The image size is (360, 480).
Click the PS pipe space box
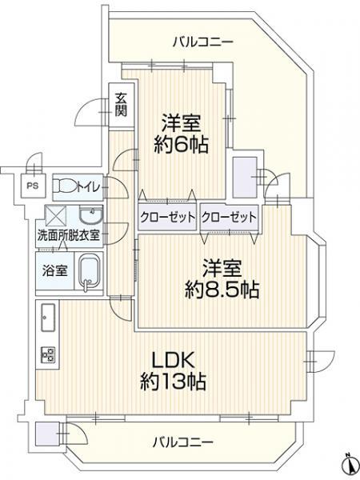pos(33,186)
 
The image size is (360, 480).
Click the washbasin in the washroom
pos(91,215)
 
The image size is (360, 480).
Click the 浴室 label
pos(54,270)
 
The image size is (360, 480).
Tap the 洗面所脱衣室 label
pos(69,236)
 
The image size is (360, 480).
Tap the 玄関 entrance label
pos(121,105)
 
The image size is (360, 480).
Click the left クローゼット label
pos(167,218)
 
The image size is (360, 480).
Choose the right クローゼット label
pos(229,218)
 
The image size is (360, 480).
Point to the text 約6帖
pos(181,145)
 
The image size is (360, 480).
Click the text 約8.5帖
pos(222,290)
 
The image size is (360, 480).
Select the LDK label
pos(174,360)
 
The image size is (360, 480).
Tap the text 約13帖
pos(173,381)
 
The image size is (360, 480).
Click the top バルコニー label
pos(203,42)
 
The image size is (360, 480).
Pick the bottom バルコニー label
pos(182,442)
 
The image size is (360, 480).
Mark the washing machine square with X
pos(55,216)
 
